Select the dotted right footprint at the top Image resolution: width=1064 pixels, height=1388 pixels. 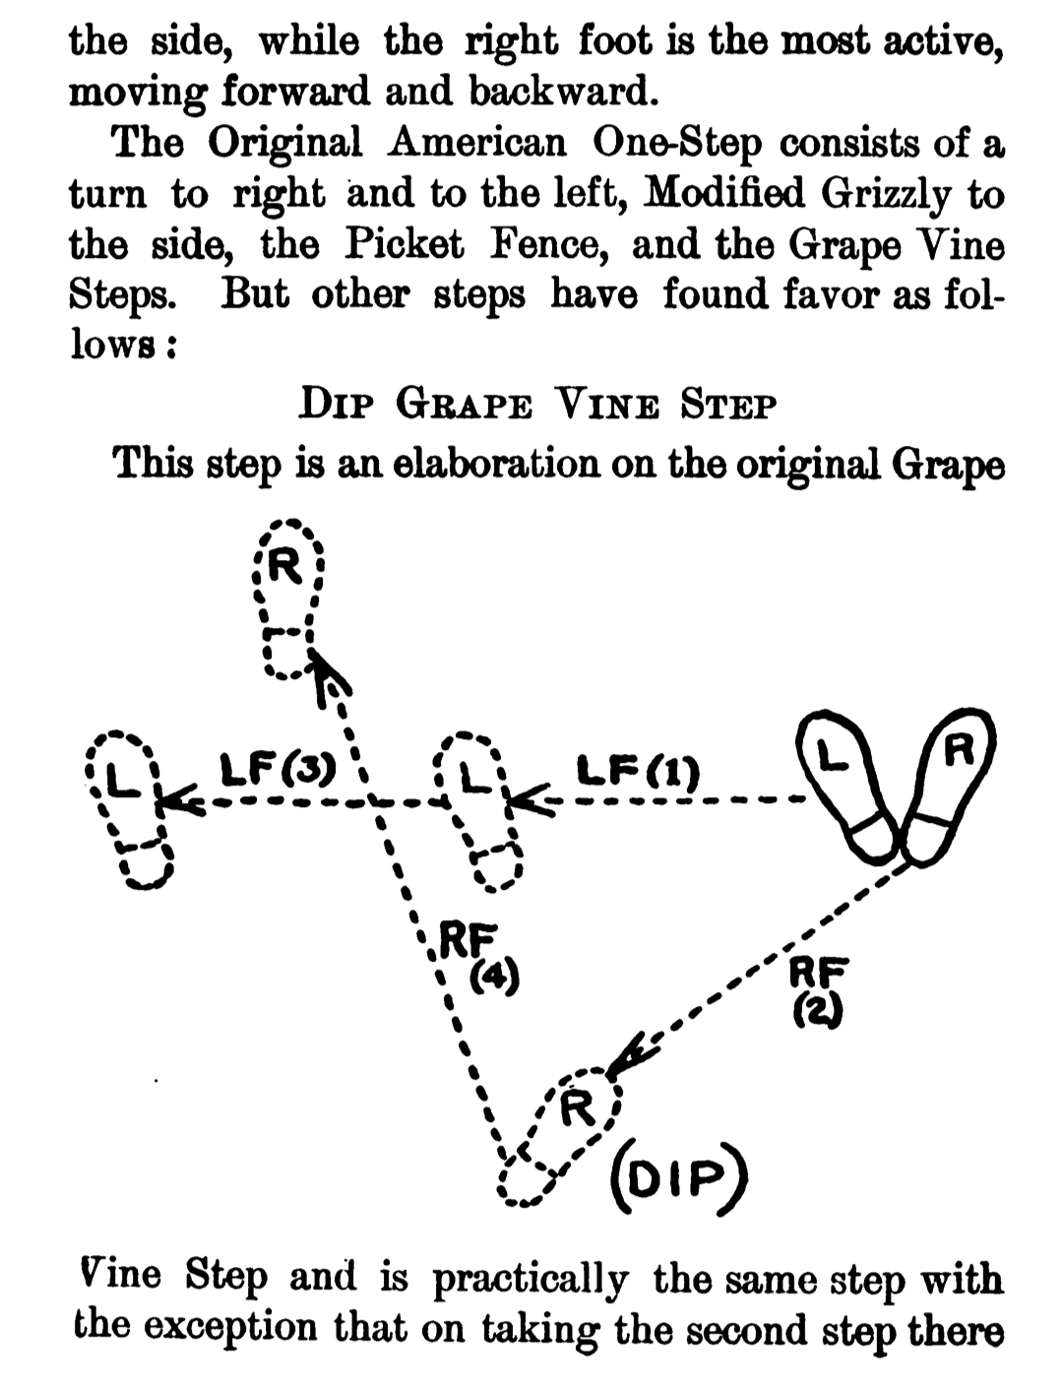coord(288,599)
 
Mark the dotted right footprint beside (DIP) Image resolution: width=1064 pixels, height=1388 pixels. coord(559,1137)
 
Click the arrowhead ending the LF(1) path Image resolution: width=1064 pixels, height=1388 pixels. coord(528,800)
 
